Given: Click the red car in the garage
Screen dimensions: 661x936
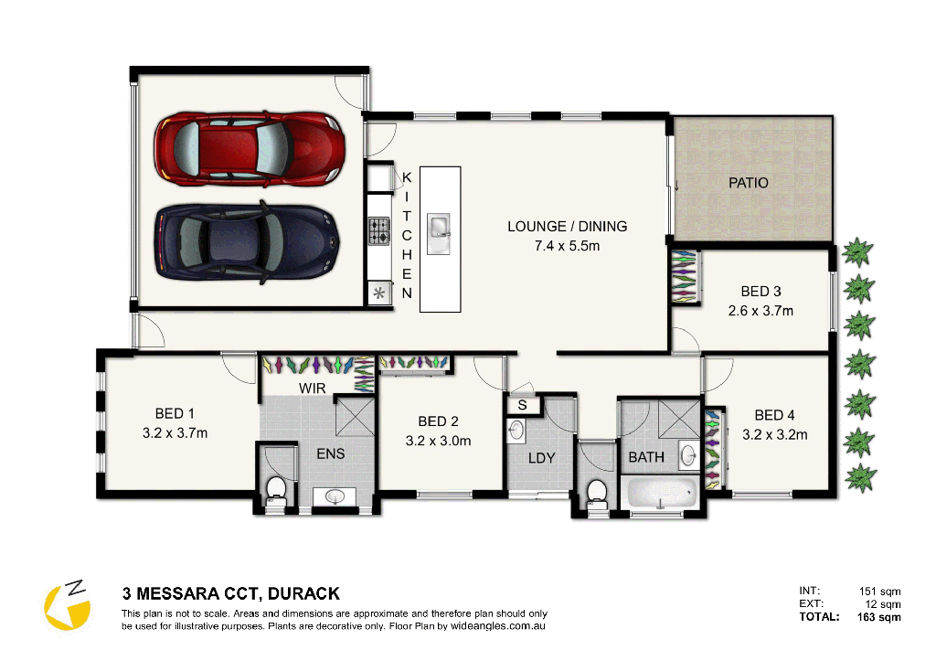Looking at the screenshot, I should coord(249,146).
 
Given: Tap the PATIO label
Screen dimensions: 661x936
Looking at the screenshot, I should coord(748,183).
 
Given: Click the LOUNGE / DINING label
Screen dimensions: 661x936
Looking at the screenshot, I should coord(568,227).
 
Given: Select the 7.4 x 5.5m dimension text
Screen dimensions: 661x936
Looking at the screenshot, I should coord(568,245).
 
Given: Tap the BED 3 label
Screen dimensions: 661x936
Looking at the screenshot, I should coord(760,292).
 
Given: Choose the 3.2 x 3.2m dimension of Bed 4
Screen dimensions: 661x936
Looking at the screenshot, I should coord(774,434).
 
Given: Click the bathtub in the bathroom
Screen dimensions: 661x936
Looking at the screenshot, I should coord(662,494).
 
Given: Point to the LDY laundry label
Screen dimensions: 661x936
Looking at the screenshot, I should coord(541,457).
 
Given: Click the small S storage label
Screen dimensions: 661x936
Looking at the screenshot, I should coord(522,404).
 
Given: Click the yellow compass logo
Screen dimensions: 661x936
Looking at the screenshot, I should coord(68,607).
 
